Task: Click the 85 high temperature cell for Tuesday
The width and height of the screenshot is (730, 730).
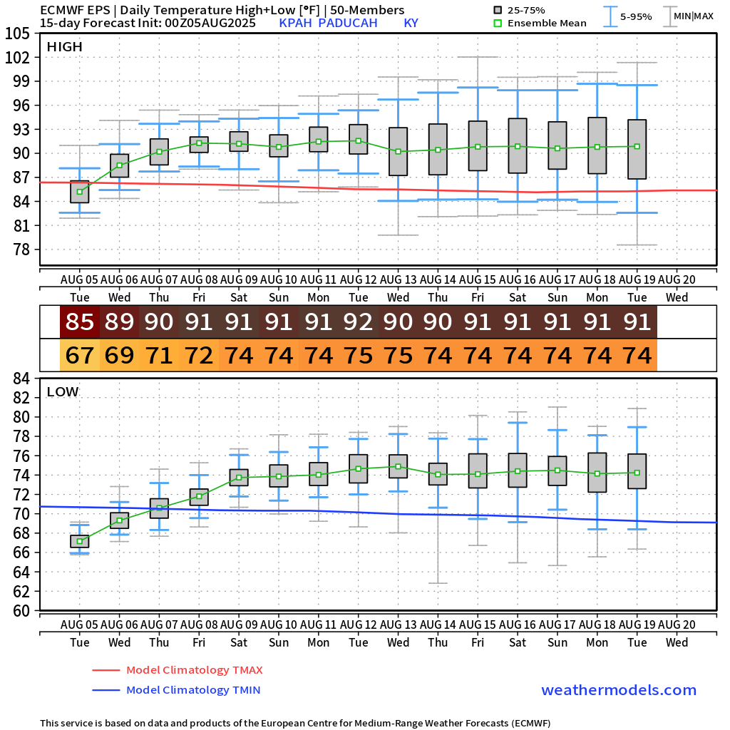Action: tap(79, 322)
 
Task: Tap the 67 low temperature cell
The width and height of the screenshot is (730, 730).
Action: tap(79, 354)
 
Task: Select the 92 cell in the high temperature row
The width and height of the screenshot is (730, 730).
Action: tap(358, 322)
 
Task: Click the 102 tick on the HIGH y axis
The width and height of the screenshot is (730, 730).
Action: tap(18, 58)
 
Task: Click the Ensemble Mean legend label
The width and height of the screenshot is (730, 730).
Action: tap(548, 23)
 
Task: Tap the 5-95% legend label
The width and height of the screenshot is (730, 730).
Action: tap(635, 16)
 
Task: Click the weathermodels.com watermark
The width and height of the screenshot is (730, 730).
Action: tap(619, 690)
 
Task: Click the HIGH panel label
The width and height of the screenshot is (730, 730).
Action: tap(64, 47)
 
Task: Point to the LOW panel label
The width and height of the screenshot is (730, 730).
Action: tap(63, 392)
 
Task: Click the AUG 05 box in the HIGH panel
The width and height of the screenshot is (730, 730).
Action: tap(79, 192)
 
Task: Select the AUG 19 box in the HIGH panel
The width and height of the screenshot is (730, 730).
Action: tap(637, 149)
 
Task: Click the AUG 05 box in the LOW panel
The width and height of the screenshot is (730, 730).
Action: tap(79, 541)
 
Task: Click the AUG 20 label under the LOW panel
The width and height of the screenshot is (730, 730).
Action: tap(677, 624)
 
